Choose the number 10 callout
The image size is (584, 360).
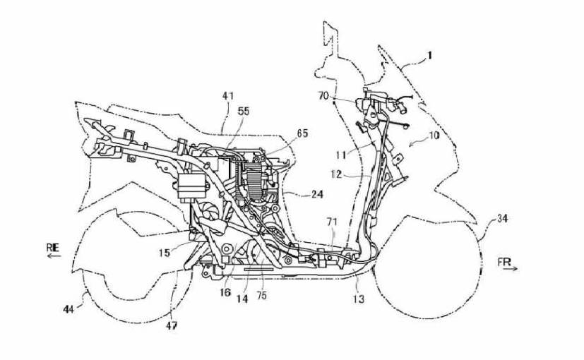(x=434, y=135)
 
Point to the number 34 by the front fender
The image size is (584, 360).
(x=502, y=220)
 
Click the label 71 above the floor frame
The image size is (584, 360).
(x=332, y=222)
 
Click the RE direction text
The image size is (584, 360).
(x=53, y=246)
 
